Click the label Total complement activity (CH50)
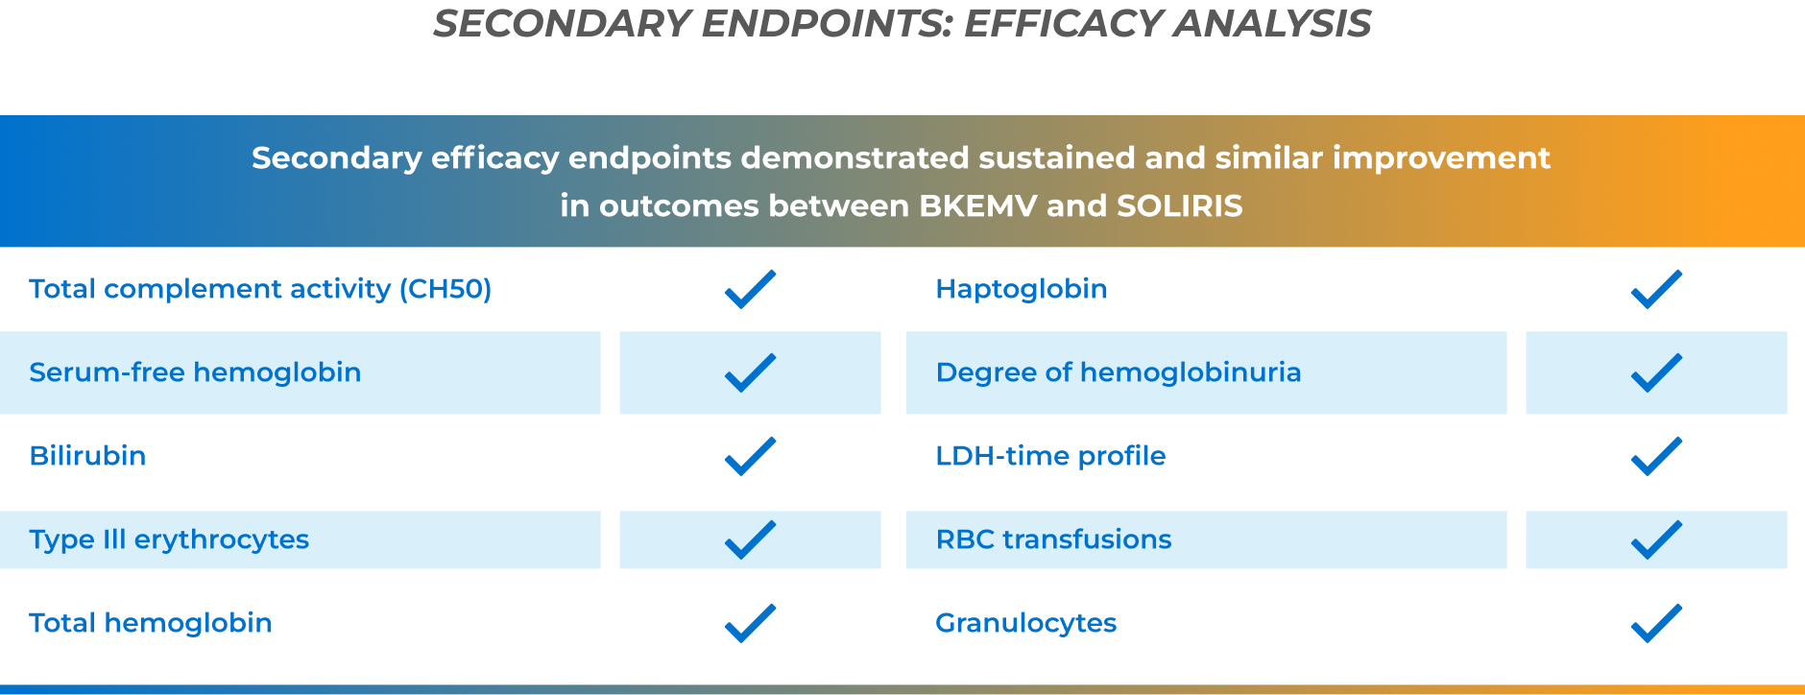(260, 289)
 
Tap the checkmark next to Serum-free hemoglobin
(750, 372)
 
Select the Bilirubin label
(87, 456)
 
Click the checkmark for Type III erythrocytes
(750, 539)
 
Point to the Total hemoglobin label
(151, 623)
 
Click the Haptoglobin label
(1022, 289)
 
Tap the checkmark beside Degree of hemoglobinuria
(1656, 372)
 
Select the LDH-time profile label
(1050, 456)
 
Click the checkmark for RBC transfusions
(1656, 539)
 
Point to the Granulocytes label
(1025, 623)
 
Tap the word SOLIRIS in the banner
(1179, 206)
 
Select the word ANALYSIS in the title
(1272, 24)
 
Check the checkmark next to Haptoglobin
(1656, 289)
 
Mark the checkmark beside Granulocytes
(1656, 623)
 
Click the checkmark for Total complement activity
(750, 289)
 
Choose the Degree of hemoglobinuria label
(1119, 372)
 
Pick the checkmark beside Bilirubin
(750, 456)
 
